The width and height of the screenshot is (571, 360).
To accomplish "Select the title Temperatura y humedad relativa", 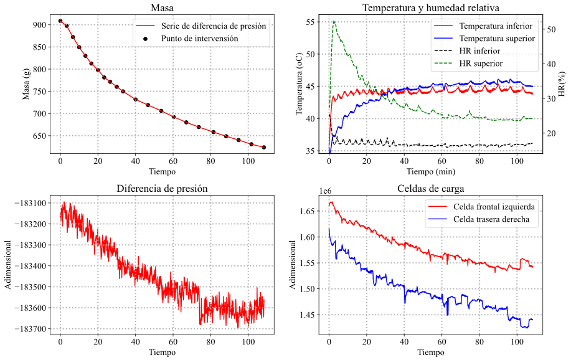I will coord(431,8).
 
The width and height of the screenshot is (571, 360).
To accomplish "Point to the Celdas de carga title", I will coord(431,188).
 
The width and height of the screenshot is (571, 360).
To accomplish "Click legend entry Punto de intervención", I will coord(199,38).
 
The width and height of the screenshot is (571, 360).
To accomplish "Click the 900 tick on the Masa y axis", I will coord(39,25).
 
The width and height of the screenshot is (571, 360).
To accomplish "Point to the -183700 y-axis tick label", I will coord(27,329).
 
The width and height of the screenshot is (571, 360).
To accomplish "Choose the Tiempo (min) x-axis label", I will coord(431,171).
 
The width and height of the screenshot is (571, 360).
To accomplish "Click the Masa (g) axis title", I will coord(26,84).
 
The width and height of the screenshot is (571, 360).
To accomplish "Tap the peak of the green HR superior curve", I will coord(334,21).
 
